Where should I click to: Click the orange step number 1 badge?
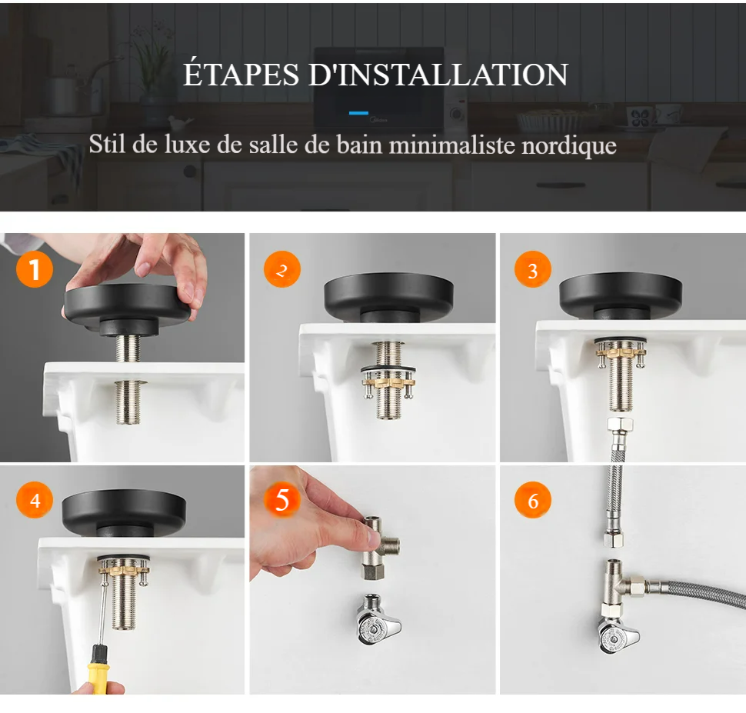(x=35, y=269)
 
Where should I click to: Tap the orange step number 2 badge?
(x=282, y=269)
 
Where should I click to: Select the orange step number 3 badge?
(x=533, y=269)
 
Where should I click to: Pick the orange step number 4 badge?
(x=35, y=500)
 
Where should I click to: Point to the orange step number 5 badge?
(x=282, y=500)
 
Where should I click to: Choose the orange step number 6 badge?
(x=533, y=500)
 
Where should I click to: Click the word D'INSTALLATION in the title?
(x=438, y=75)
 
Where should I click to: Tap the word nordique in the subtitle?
(x=569, y=145)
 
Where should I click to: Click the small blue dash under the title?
(x=358, y=113)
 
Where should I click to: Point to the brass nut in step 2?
(x=388, y=381)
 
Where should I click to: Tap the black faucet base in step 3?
(x=621, y=296)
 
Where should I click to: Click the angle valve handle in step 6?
(x=618, y=638)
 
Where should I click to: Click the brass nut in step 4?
(x=124, y=568)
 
